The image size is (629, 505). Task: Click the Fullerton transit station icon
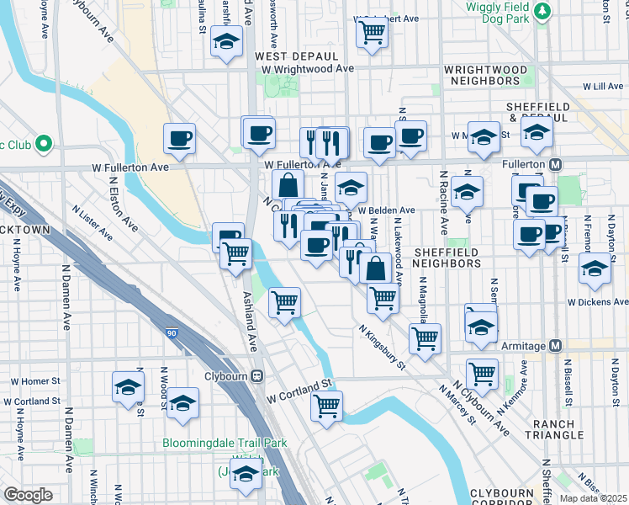pos(555,163)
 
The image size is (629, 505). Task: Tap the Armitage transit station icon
pos(555,346)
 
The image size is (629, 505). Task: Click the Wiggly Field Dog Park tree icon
pos(544,10)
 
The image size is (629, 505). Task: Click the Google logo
pos(28,495)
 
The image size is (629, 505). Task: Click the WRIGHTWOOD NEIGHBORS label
pos(483,74)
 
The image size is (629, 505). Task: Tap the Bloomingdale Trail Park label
pos(225,443)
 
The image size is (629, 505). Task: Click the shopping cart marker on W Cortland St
pos(326,406)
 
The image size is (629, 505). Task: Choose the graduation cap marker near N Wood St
pos(128,387)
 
